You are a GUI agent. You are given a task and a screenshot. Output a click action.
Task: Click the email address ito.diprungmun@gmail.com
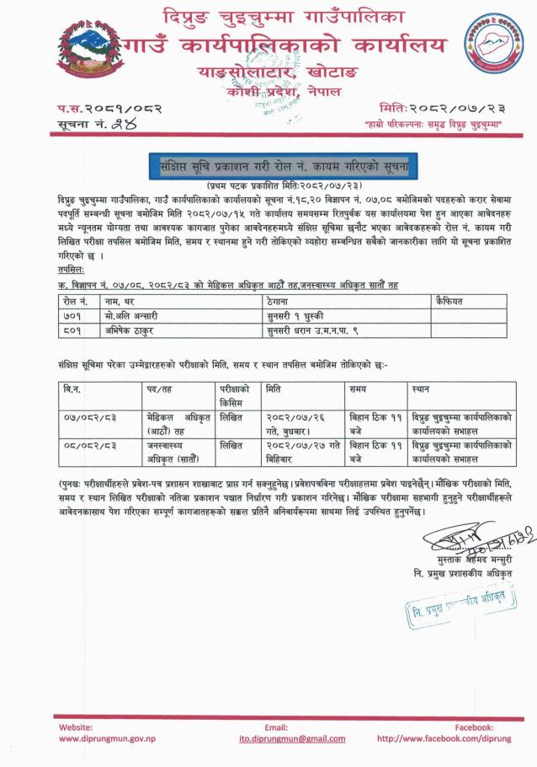276,737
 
